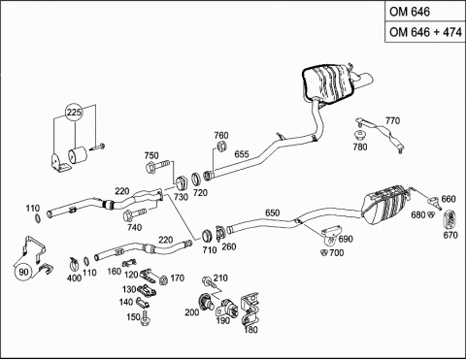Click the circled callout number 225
coord(75,113)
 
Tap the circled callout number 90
coord(23,272)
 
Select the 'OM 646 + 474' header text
coord(425,32)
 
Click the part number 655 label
coord(242,154)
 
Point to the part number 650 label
coord(272,213)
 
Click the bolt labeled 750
coord(158,167)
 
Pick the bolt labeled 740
coord(135,213)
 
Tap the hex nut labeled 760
coord(222,147)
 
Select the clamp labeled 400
coord(75,264)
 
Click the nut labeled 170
coord(164,279)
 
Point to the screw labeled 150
coord(145,317)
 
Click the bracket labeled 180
coord(250,309)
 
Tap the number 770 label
coord(392,120)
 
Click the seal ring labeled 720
coord(195,180)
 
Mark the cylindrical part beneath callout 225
coord(77,154)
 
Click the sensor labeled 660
coord(434,202)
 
